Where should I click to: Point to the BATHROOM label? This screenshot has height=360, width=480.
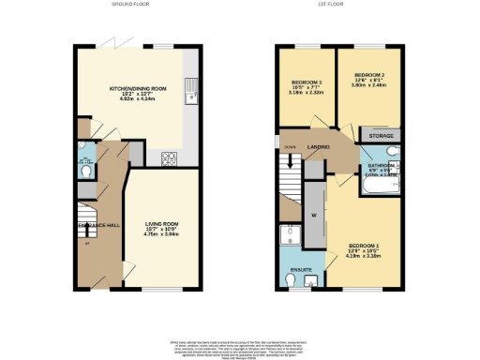tap(382, 168)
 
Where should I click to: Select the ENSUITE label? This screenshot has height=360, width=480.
tap(300, 269)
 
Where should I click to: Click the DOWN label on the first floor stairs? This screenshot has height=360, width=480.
tap(290, 147)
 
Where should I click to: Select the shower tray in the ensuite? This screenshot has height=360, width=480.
tap(292, 234)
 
